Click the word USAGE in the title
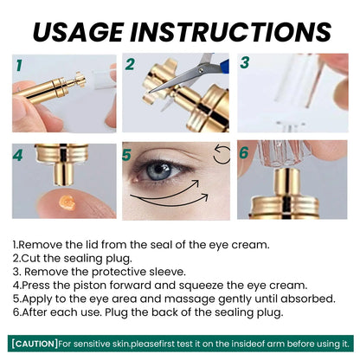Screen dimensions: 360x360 pos(79,32)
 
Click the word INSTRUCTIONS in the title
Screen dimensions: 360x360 pos(231,32)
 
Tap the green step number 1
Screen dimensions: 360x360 pos(19,65)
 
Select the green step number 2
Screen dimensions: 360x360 pos(130,64)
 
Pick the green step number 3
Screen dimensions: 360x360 pos(245,62)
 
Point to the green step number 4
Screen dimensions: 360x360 pos(17,156)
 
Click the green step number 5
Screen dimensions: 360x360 pos(126,155)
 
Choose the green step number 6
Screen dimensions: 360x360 pos(244,152)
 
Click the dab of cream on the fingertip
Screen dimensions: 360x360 pos(67,202)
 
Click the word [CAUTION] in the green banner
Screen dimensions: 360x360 pos(35,344)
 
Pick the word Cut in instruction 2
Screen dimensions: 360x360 pos(31,258)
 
